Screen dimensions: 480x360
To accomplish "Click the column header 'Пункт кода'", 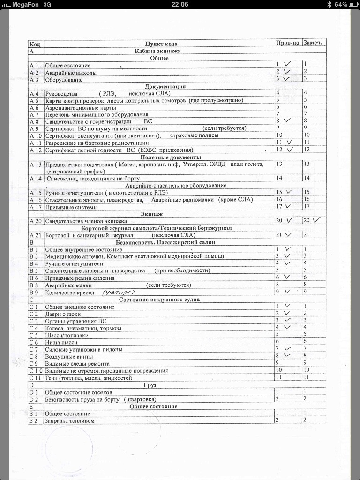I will point(161,44).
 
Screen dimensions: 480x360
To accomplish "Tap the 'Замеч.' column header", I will point(314,43).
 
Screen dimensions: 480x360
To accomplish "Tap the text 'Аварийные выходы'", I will point(71,73).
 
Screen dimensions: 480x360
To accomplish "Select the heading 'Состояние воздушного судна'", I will point(159,300).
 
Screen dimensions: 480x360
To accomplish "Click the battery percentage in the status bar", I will point(341,4).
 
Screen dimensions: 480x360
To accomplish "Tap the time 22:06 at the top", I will point(180,4).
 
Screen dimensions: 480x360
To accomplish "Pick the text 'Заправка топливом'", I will point(69,421).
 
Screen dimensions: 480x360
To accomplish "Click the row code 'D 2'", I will point(34,399).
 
